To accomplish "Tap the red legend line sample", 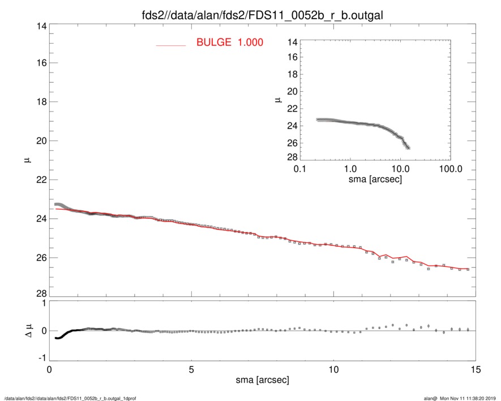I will (171, 45).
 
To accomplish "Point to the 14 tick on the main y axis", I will (41, 26).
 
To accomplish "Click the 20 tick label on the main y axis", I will (41, 141).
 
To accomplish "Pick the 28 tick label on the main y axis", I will (41, 294).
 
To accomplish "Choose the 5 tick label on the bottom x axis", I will (191, 369).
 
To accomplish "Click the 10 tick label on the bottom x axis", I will (333, 369).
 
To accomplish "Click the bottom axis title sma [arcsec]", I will (262, 379).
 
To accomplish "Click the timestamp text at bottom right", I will (463, 398).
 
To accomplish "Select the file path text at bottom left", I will (70, 398).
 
